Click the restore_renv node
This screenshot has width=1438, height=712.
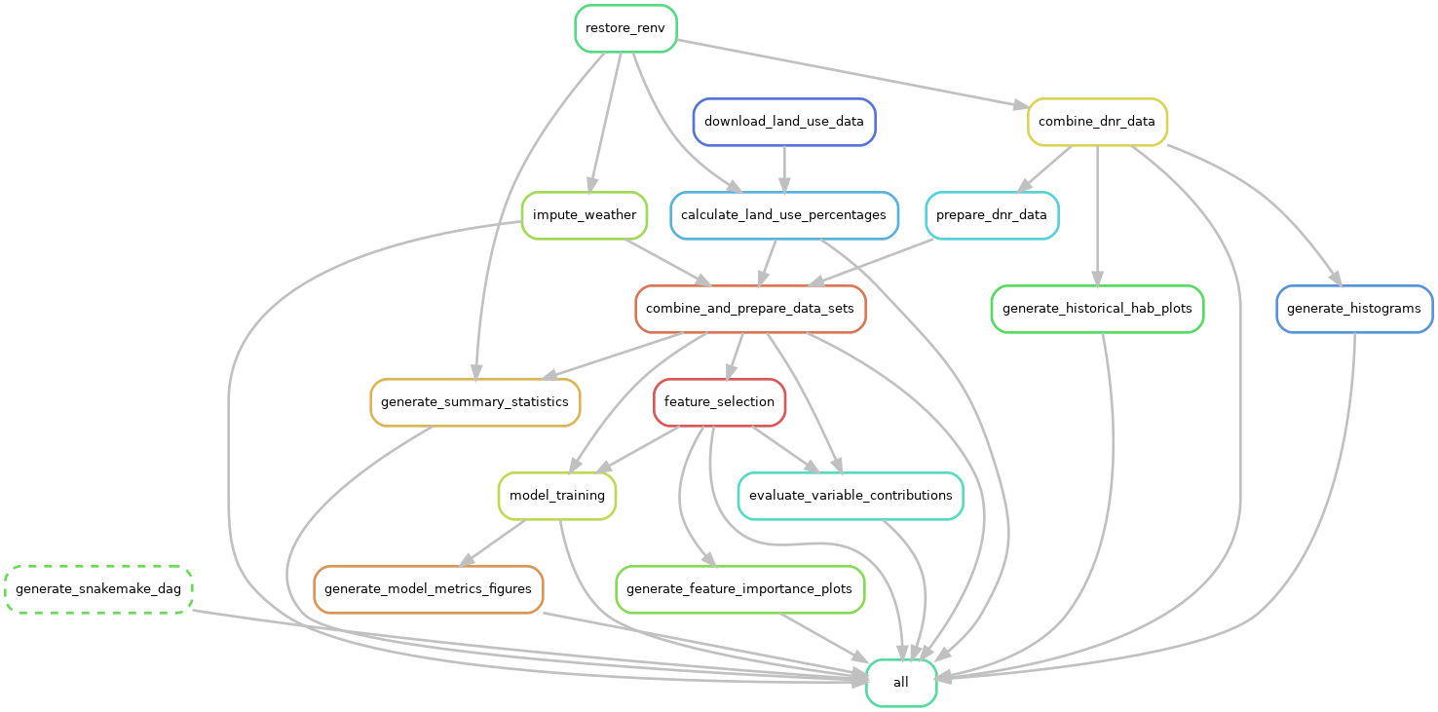tap(625, 28)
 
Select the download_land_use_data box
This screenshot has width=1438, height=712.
tap(784, 122)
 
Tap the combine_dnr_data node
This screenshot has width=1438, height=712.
tap(1097, 122)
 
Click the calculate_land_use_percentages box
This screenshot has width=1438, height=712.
tap(783, 215)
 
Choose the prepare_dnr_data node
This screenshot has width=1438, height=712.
tap(992, 215)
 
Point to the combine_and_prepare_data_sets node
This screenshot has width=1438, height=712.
tap(750, 309)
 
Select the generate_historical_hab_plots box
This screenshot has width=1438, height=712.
tap(1097, 309)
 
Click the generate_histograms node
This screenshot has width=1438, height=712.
tap(1353, 309)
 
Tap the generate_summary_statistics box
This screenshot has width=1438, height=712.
tap(474, 402)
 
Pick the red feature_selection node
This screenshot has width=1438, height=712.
tap(719, 402)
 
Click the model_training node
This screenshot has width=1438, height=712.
tap(557, 496)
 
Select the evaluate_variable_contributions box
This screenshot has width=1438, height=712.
tap(851, 496)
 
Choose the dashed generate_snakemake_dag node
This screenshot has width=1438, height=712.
tap(98, 589)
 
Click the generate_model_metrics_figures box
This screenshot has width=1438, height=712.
tap(428, 589)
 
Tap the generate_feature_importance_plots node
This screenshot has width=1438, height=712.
tap(739, 589)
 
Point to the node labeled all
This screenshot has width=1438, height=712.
tap(901, 683)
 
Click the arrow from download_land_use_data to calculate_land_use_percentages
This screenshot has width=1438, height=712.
tap(784, 169)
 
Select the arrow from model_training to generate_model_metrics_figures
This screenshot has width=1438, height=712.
tap(493, 543)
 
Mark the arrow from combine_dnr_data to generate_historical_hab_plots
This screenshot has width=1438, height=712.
tap(1097, 215)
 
